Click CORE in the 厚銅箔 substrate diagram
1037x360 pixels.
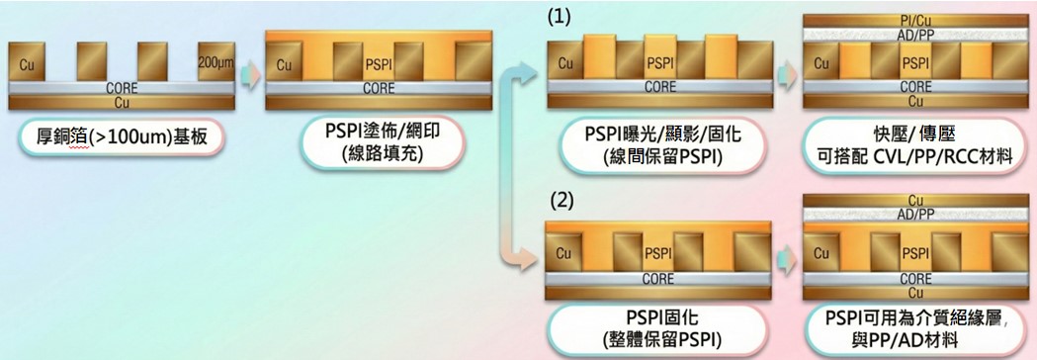122,87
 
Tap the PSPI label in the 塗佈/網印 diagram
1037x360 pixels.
379,64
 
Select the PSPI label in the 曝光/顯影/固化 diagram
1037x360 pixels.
660,63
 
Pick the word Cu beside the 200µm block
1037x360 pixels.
27,65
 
